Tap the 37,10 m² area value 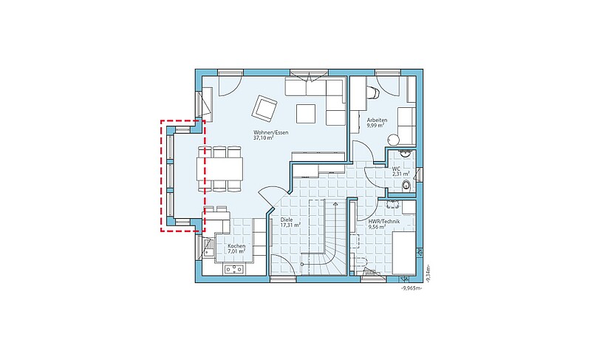click(x=264, y=138)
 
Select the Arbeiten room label click(x=377, y=120)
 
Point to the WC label click(x=396, y=169)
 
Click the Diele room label click(x=287, y=220)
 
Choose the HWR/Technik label click(x=383, y=222)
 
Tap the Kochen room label click(x=236, y=246)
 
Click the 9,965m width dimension click(x=411, y=288)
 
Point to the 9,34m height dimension click(x=428, y=274)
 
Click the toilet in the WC click(x=406, y=185)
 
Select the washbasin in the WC click(x=405, y=154)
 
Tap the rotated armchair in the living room click(x=264, y=108)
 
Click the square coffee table click(x=306, y=113)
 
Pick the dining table click(x=219, y=169)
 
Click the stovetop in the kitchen click(x=234, y=269)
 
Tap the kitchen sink click(x=208, y=248)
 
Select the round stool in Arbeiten click(x=393, y=140)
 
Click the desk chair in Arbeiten click(x=373, y=92)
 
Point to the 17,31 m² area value click(x=290, y=225)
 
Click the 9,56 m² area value click(x=377, y=227)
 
